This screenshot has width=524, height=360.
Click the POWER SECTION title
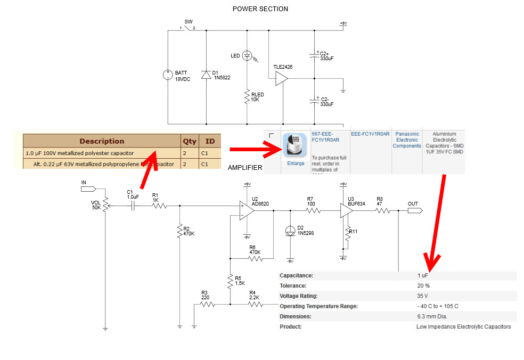pyautogui.click(x=260, y=9)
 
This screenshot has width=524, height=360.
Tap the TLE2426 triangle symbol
pyautogui.click(x=281, y=79)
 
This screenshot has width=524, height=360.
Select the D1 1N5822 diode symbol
pyautogui.click(x=206, y=75)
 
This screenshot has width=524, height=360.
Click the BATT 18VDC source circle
pyautogui.click(x=168, y=75)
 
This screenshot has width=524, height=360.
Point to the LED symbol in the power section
pyautogui.click(x=247, y=55)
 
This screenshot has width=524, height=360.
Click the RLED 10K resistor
pyautogui.click(x=247, y=97)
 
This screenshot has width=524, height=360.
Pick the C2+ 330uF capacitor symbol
pyautogui.click(x=314, y=55)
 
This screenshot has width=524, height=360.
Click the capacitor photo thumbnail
pyautogui.click(x=295, y=145)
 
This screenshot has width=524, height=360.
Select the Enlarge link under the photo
pyautogui.click(x=296, y=163)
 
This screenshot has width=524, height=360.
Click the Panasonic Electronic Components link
pyautogui.click(x=407, y=140)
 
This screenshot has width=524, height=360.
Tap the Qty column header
pyautogui.click(x=190, y=141)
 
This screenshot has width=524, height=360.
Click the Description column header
pyautogui.click(x=102, y=141)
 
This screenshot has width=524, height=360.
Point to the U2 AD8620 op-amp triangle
pyautogui.click(x=246, y=210)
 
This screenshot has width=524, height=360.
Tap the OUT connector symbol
pyautogui.click(x=414, y=210)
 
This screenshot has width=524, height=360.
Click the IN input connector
pyautogui.click(x=87, y=188)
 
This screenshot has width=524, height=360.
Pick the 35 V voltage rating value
pyautogui.click(x=423, y=296)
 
